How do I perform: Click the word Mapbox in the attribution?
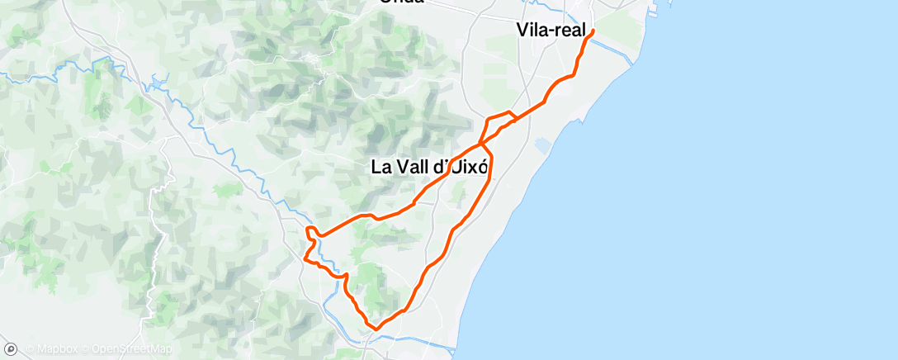click(x=56, y=349)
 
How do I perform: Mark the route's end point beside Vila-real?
click(x=593, y=31)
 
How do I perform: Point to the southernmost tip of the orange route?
click(x=376, y=329)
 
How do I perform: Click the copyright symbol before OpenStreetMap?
click(x=85, y=349)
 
